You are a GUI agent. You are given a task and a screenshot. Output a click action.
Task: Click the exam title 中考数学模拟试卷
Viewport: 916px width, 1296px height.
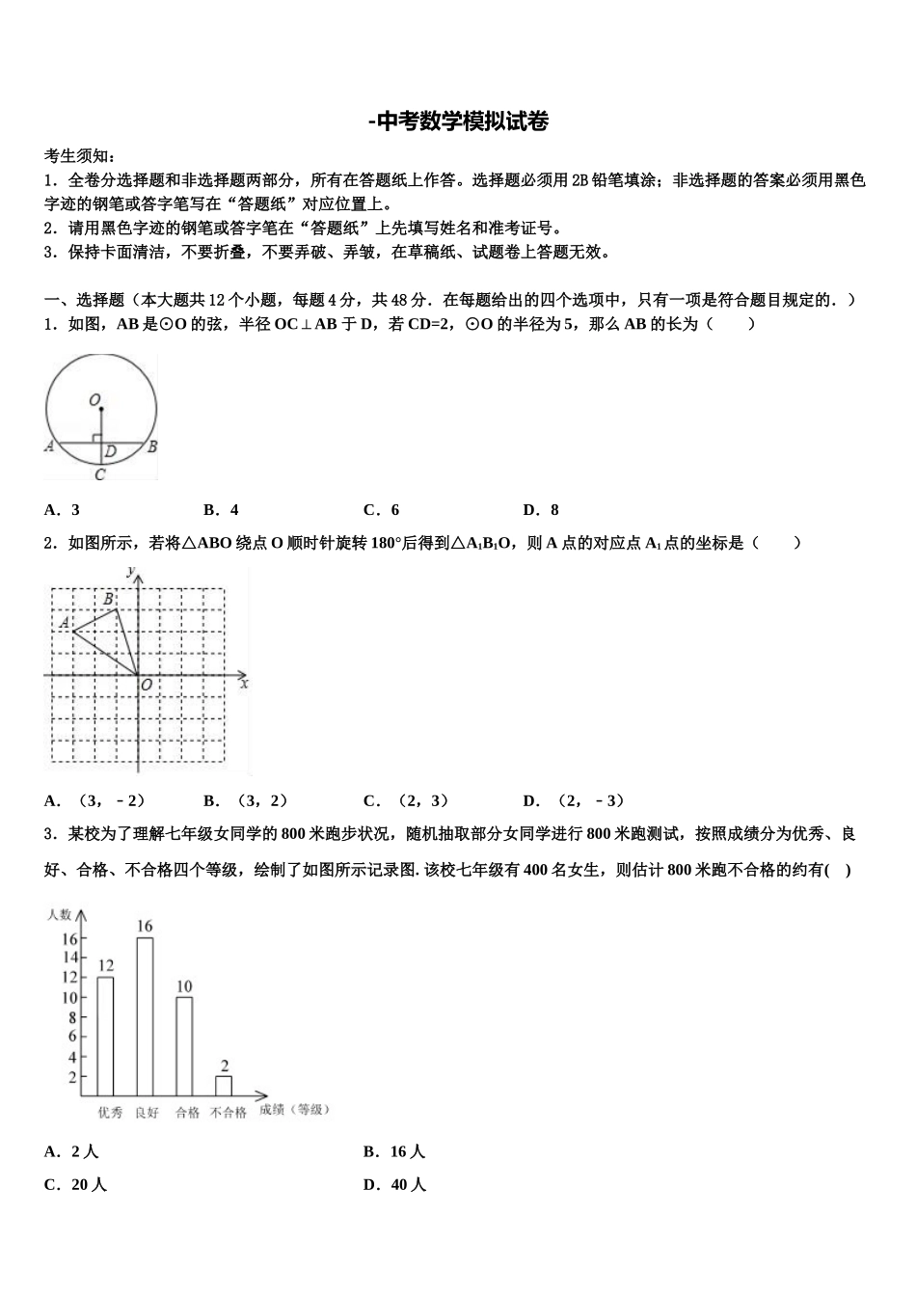458,121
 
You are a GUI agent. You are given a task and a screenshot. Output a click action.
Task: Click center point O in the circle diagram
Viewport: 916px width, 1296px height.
100,408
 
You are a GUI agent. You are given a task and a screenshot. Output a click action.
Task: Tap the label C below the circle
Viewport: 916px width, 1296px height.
99,473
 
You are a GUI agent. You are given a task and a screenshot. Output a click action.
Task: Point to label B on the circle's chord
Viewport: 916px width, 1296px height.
152,446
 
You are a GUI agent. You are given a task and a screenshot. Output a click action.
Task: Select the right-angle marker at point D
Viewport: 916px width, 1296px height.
96,439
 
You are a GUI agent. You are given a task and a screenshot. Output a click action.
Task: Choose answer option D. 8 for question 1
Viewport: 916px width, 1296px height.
540,510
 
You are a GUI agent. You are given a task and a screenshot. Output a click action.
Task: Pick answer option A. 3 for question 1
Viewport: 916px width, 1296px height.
62,510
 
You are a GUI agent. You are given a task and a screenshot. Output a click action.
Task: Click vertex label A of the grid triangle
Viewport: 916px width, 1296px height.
64,624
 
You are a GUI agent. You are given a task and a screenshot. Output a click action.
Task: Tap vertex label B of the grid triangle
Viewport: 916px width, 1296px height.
109,599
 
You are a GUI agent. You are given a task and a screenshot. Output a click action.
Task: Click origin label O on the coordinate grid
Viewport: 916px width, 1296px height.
147,685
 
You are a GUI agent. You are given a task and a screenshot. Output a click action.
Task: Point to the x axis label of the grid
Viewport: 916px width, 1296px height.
244,683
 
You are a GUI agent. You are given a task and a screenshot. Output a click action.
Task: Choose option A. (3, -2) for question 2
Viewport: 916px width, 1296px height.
94,800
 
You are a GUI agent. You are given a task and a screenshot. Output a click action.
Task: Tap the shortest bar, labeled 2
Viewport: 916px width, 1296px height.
224,1085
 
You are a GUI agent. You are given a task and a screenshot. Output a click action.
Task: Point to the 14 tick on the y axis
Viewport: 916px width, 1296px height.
70,958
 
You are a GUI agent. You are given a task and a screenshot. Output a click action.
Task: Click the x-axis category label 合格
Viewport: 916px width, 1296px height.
186,1112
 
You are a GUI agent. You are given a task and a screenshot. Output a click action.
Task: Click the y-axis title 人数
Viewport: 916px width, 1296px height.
59,914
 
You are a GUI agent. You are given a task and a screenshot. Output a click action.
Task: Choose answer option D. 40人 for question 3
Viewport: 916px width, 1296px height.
394,1185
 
